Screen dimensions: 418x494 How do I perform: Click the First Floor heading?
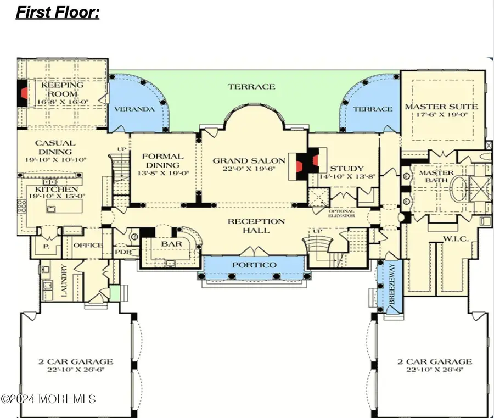[x=58, y=12]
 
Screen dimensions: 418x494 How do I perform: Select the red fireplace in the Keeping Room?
[x=23, y=93]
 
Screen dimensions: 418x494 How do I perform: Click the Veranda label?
[x=134, y=109]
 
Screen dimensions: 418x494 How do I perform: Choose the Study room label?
[x=347, y=169]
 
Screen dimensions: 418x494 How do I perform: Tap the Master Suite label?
[x=441, y=107]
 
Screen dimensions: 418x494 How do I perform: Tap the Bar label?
[x=167, y=243]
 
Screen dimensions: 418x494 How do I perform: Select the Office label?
[x=88, y=245]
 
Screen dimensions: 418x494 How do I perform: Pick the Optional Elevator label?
[x=341, y=213]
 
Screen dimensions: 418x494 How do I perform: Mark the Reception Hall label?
[x=257, y=226]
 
